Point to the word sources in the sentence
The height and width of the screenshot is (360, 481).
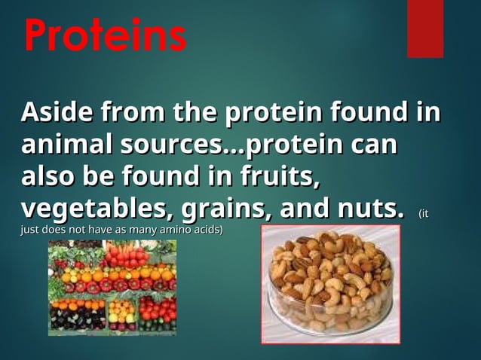(178, 144)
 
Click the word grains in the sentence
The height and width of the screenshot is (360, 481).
(242, 206)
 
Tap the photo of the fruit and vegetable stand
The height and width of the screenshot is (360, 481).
(112, 288)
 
